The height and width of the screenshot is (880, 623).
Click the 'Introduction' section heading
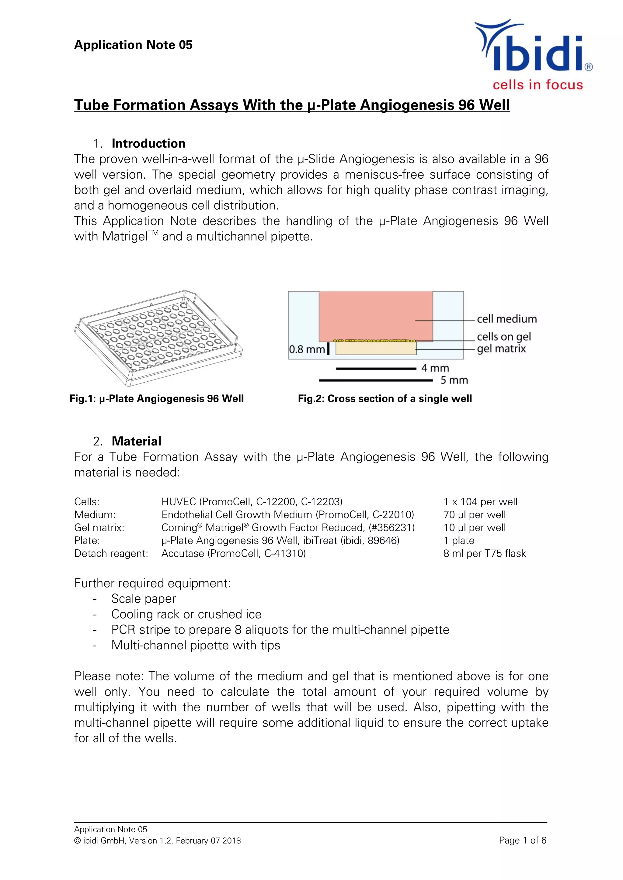coord(148,143)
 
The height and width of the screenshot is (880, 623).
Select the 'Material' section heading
coord(136,441)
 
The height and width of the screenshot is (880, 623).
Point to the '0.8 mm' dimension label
coord(307,349)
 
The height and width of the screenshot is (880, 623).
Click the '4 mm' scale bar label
coord(435,368)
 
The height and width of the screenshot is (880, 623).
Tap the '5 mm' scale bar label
coord(454,380)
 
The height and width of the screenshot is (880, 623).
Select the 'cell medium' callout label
coord(506,319)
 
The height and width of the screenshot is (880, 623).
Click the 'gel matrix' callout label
coord(501,349)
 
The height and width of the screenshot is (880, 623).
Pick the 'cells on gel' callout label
coord(504,336)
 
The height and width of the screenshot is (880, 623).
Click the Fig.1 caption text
coord(157,399)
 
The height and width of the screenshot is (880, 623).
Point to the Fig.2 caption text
coord(385,399)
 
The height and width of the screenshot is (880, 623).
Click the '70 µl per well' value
coord(475,515)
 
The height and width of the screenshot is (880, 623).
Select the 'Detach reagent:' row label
coord(111,553)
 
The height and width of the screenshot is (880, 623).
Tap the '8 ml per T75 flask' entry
coord(485,553)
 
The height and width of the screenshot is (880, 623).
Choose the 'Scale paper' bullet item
coord(144,599)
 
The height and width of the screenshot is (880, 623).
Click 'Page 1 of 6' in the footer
coord(523,840)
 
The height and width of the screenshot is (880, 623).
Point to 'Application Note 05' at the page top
coord(133,45)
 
